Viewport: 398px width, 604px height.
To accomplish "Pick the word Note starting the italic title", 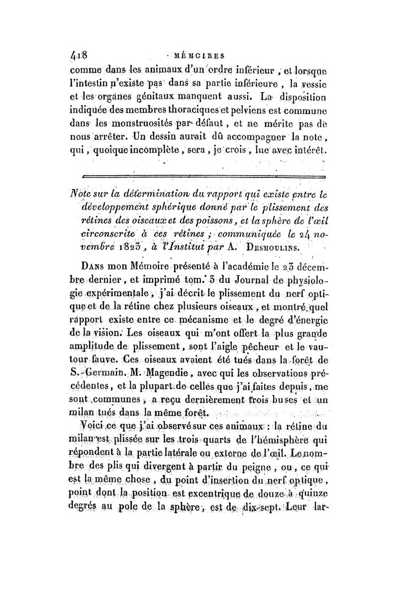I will (84, 190).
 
